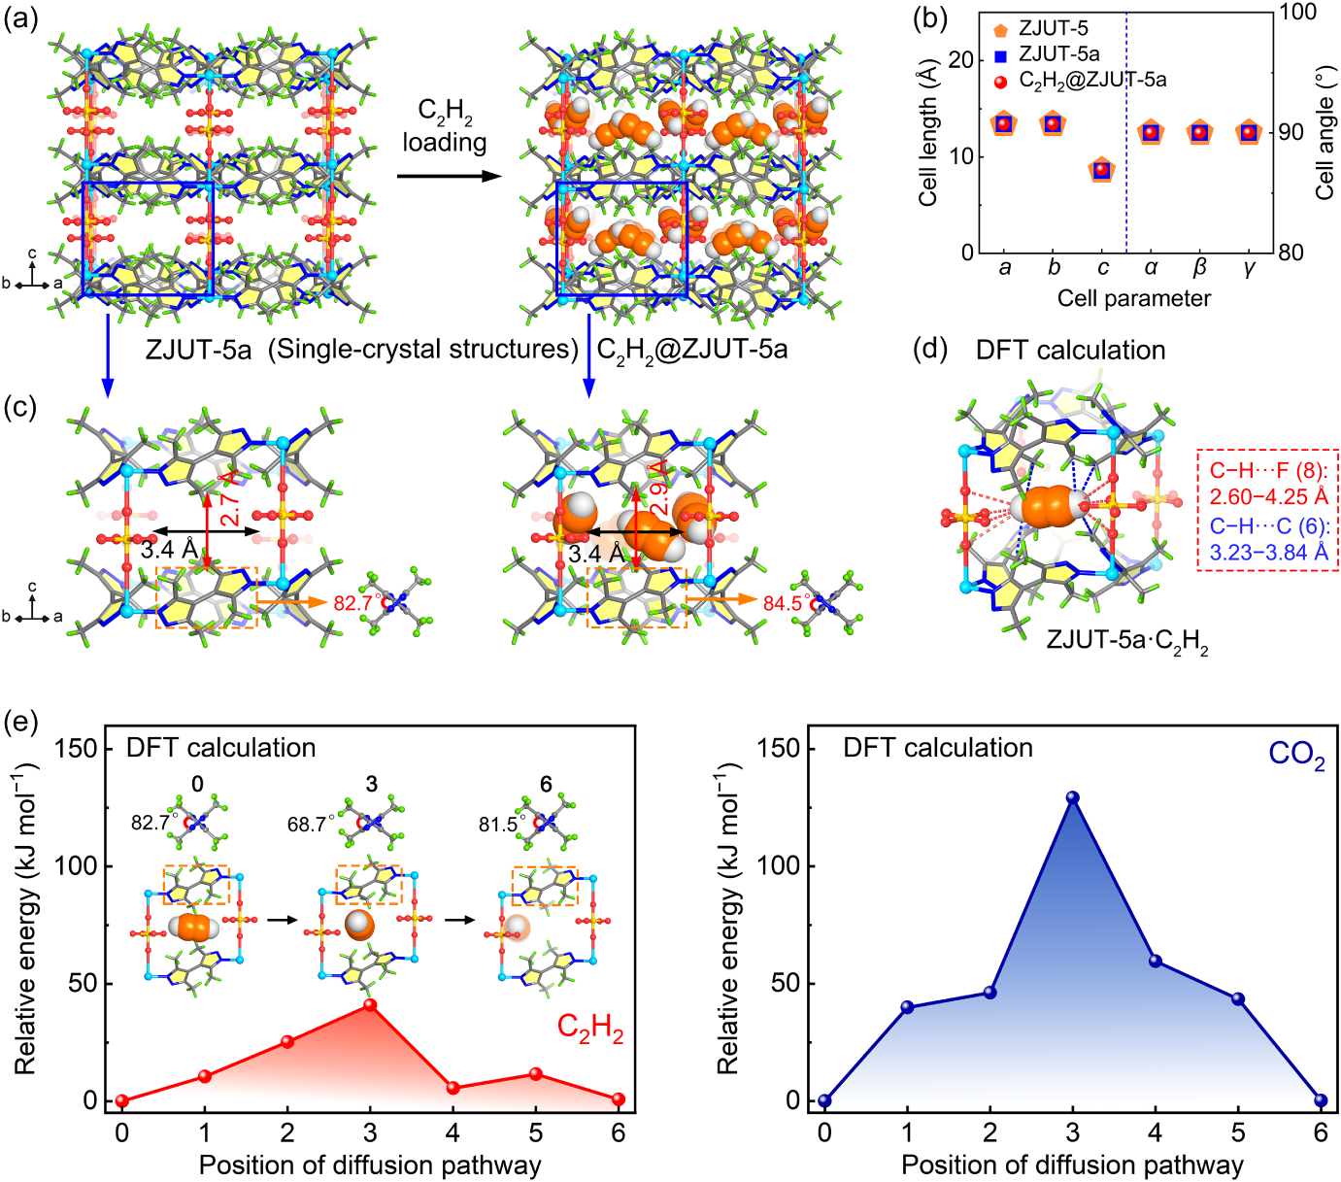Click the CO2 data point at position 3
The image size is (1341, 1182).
[1072, 797]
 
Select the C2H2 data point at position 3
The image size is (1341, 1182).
[370, 1004]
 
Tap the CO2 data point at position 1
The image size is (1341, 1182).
[907, 1007]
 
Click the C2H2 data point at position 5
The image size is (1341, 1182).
[535, 1073]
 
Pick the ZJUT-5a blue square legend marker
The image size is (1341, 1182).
[1000, 55]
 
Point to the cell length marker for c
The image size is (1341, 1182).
[1101, 170]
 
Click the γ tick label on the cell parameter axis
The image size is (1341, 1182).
[1249, 269]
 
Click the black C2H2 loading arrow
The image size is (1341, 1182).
[450, 176]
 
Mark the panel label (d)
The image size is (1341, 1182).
[930, 350]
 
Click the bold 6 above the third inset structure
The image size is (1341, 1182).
[546, 785]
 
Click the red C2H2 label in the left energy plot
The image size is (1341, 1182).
[590, 1029]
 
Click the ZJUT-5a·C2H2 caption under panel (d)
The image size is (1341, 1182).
[1126, 642]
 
